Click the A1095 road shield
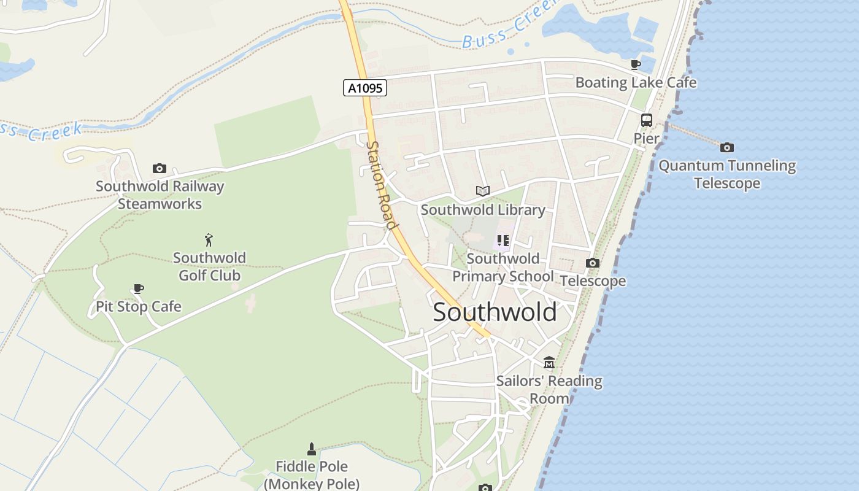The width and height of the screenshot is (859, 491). pyautogui.click(x=364, y=88)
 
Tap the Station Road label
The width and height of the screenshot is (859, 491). pyautogui.click(x=381, y=185)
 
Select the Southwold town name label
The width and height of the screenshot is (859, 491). pyautogui.click(x=495, y=312)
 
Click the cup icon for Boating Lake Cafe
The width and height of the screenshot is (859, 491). pyautogui.click(x=636, y=64)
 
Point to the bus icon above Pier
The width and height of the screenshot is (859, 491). pyautogui.click(x=646, y=120)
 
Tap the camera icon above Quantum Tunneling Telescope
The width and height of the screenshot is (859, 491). pyautogui.click(x=727, y=147)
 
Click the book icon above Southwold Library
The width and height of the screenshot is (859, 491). pyautogui.click(x=483, y=191)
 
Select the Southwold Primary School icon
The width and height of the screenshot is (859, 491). pyautogui.click(x=503, y=241)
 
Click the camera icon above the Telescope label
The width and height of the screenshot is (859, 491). pyautogui.click(x=592, y=263)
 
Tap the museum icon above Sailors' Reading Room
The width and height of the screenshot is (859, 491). pyautogui.click(x=549, y=363)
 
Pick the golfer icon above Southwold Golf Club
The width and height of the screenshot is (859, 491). pyautogui.click(x=209, y=239)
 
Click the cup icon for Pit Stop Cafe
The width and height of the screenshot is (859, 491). pyautogui.click(x=139, y=289)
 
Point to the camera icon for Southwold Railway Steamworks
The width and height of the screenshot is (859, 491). pyautogui.click(x=160, y=168)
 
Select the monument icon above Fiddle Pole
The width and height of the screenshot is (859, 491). pyautogui.click(x=311, y=449)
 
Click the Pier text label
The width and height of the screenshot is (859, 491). pyautogui.click(x=646, y=139)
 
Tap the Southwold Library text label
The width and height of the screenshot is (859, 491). pyautogui.click(x=483, y=210)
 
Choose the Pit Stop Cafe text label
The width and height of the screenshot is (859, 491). pyautogui.click(x=139, y=306)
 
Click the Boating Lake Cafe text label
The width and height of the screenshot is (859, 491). pyautogui.click(x=636, y=82)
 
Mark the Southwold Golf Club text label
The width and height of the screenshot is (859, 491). pyautogui.click(x=209, y=266)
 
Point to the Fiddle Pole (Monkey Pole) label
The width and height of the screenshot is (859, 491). pyautogui.click(x=312, y=475)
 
